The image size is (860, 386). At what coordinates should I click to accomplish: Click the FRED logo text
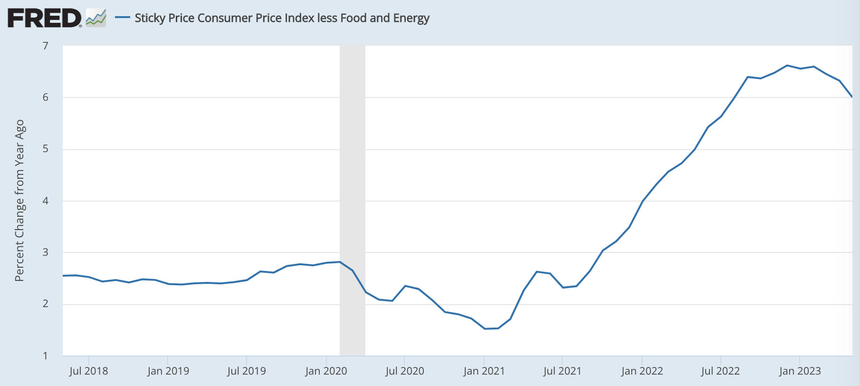pos(44,18)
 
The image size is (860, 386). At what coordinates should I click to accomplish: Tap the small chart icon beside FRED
pos(96,18)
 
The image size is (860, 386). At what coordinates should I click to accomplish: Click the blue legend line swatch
pos(123,18)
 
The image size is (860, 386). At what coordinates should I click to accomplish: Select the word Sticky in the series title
pos(149,18)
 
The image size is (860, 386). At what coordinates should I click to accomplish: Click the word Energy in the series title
pos(411,18)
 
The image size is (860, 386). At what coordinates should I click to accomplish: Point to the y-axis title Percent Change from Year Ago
pos(19,201)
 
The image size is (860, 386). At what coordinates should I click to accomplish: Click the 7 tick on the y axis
pos(46,46)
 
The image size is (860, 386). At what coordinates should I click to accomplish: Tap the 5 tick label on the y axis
pos(46,149)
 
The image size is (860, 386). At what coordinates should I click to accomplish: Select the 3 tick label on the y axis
pos(46,252)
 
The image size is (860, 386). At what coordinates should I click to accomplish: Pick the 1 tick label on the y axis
pos(46,356)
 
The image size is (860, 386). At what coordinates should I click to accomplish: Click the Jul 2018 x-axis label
pos(88,371)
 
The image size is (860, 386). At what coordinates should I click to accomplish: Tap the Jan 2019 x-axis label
pos(168,371)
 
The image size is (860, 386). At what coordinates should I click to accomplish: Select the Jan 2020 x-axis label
pos(326,371)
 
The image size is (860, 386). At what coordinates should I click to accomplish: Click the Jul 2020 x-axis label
pos(404,371)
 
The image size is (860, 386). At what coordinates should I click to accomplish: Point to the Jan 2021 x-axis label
pos(484,371)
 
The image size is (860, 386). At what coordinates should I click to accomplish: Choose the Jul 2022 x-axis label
pos(720,371)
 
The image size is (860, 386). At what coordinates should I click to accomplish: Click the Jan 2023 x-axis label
pos(800,371)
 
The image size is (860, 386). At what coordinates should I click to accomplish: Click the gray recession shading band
pos(352,200)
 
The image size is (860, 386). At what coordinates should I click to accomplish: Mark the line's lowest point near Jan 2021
pos(485,328)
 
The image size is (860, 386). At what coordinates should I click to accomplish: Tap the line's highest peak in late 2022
pos(787,65)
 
